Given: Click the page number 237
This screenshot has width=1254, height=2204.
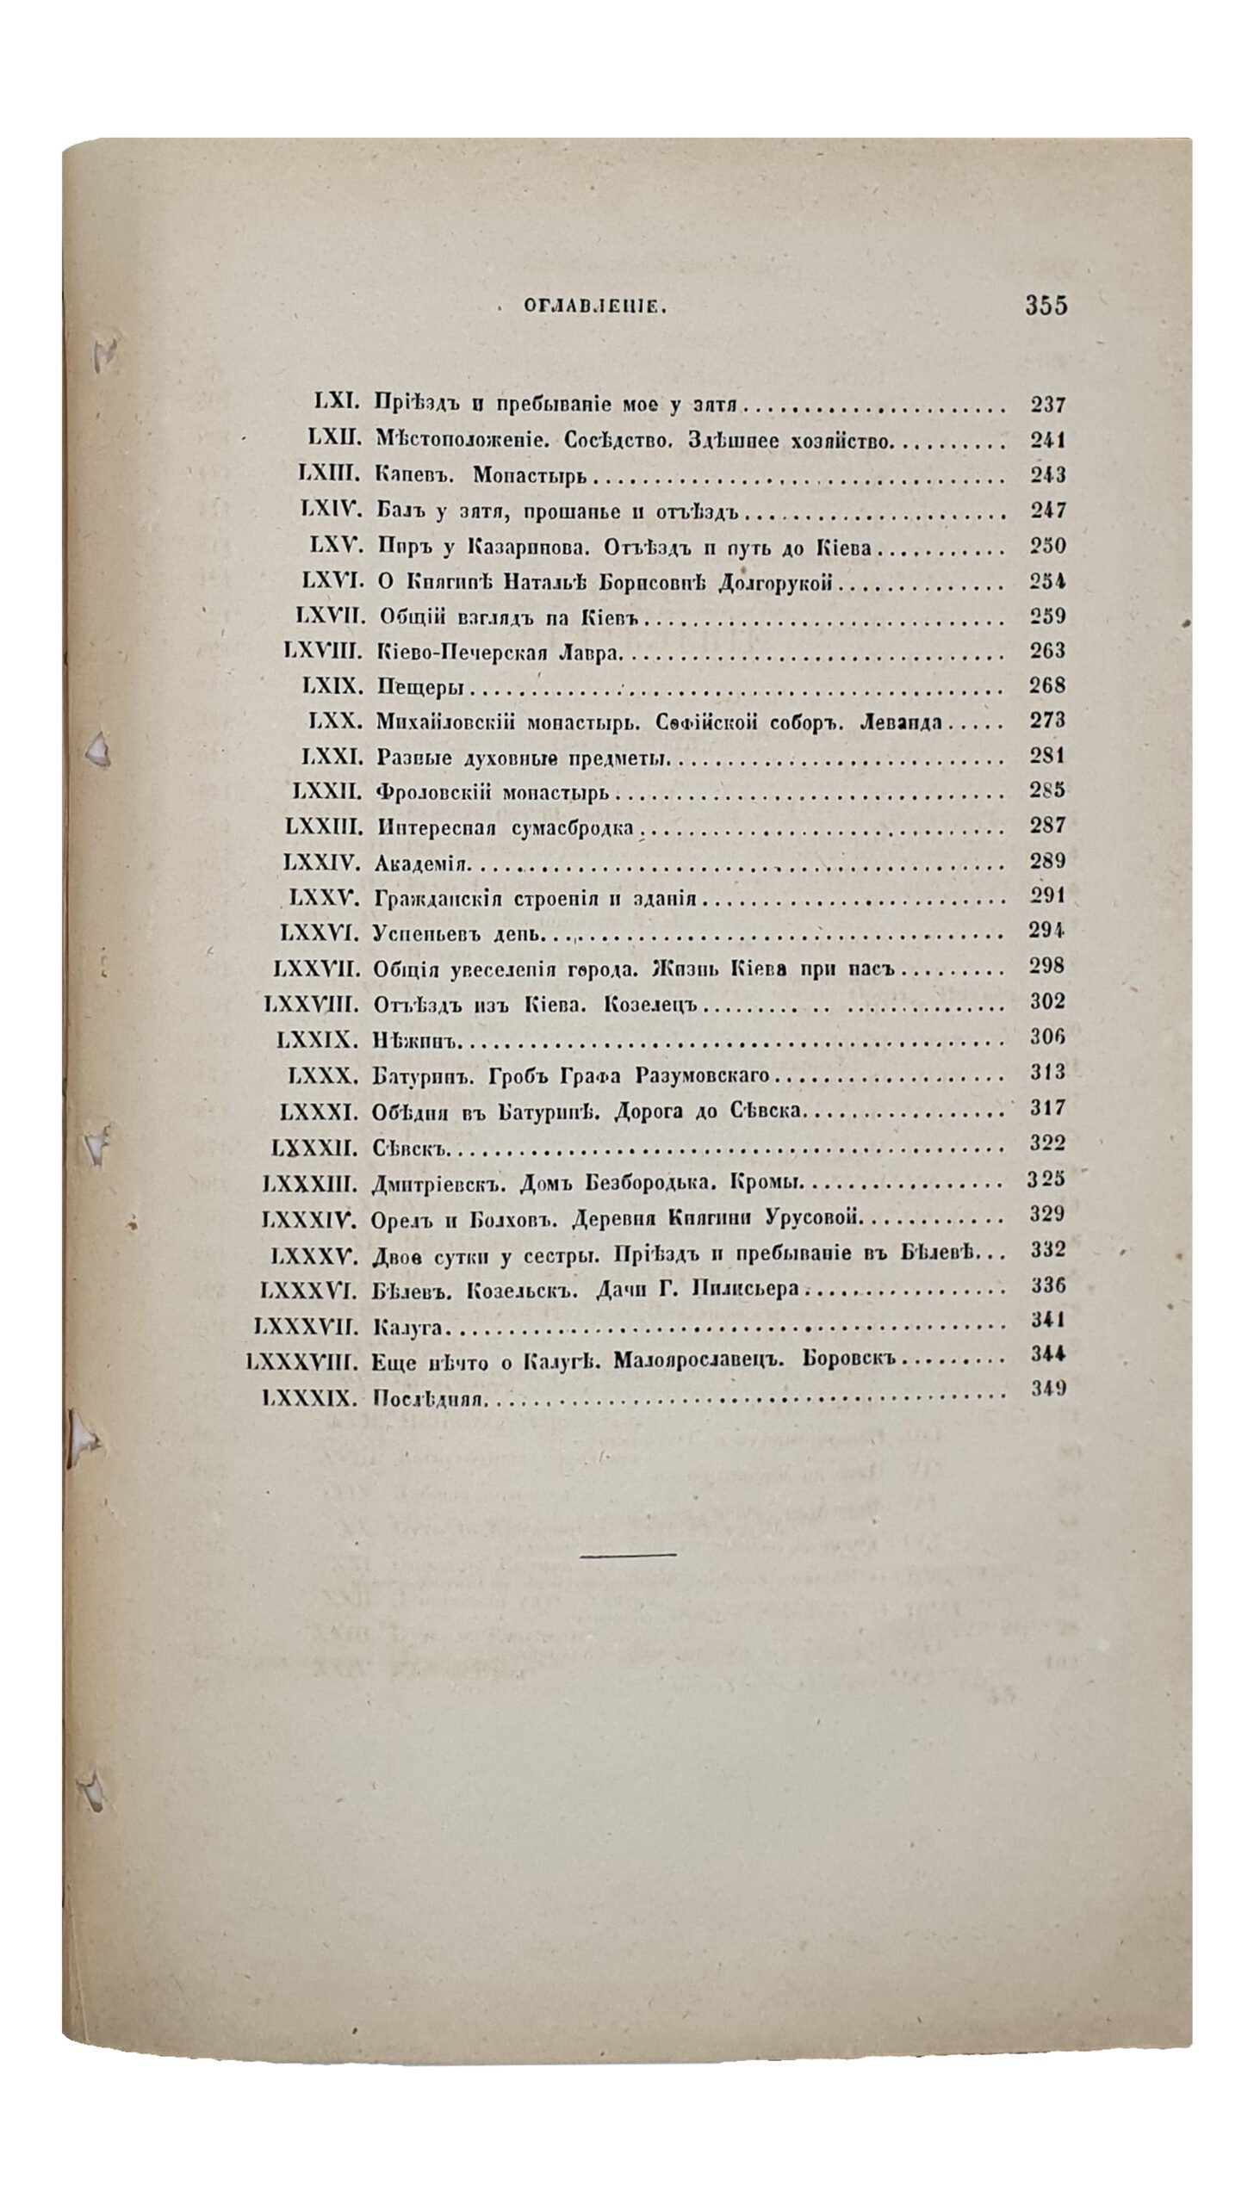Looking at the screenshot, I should pyautogui.click(x=1048, y=405).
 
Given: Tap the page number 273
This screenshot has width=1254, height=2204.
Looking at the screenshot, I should pyautogui.click(x=1048, y=721).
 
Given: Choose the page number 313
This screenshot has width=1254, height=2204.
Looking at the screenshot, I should pyautogui.click(x=1048, y=1073).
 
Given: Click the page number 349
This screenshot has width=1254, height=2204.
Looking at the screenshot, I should pyautogui.click(x=1048, y=1388).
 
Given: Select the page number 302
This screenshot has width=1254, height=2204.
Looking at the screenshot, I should pyautogui.click(x=1048, y=1001).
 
